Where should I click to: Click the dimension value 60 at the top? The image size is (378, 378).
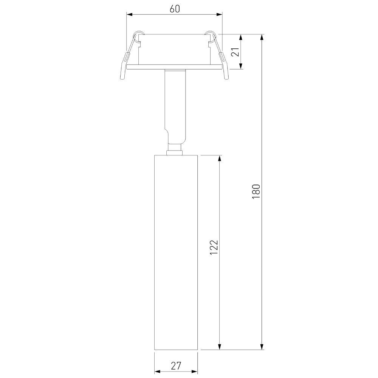[174, 9]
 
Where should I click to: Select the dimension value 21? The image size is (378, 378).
[236, 52]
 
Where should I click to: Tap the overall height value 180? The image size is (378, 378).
[256, 192]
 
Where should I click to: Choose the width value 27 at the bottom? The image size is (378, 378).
[176, 366]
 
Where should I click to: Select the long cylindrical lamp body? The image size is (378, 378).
[176, 253]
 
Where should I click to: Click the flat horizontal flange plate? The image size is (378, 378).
[174, 67]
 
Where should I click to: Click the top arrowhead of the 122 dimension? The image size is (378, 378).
[220, 157]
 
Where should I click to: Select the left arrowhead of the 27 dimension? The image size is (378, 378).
[157, 371]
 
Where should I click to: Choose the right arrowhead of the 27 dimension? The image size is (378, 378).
[196, 371]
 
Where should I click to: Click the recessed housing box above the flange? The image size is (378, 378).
[174, 49]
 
